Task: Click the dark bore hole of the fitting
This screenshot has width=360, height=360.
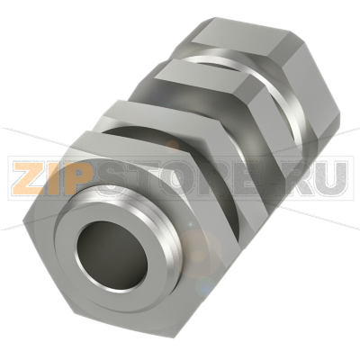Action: click(112, 256)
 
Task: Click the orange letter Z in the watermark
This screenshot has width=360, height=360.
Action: click(29, 178)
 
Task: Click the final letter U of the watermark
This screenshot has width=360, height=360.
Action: click(330, 178)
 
